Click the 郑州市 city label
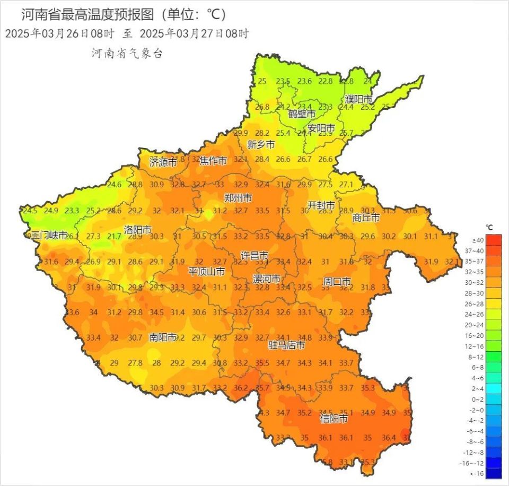coord(238,198)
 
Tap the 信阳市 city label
coord(335,419)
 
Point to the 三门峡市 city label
coord(49,235)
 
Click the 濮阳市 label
coord(358,99)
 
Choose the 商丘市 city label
coord(366,218)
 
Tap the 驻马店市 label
coord(286,345)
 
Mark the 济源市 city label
coord(163,162)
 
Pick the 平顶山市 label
coord(207,272)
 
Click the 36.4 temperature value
coord(389,438)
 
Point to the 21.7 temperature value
coord(114,236)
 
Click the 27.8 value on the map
coord(135,363)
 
